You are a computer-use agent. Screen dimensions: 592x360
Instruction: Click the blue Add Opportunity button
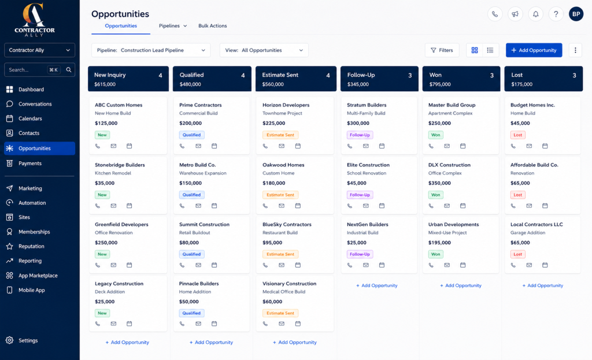click(x=534, y=50)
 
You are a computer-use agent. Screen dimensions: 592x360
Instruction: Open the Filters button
click(x=442, y=50)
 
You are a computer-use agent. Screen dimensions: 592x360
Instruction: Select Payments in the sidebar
click(x=30, y=164)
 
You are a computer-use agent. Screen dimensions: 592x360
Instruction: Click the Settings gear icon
click(x=9, y=340)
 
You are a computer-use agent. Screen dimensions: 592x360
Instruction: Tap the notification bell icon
click(x=536, y=14)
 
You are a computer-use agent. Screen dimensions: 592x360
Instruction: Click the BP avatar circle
click(x=576, y=14)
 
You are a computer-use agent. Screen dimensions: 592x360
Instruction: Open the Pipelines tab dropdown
click(x=173, y=25)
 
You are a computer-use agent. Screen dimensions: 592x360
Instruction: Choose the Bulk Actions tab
click(x=213, y=25)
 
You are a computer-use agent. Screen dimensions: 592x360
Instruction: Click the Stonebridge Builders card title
click(x=120, y=165)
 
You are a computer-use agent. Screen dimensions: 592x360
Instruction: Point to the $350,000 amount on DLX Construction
click(x=439, y=183)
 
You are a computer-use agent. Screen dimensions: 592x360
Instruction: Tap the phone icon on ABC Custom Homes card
click(x=98, y=146)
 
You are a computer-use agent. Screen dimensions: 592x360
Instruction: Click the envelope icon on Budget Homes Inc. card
click(x=529, y=146)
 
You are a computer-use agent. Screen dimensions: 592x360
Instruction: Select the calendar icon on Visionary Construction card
click(x=298, y=324)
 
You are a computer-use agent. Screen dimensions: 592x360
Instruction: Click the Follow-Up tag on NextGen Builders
click(x=360, y=254)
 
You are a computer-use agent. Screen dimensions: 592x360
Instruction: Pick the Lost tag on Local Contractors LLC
click(x=517, y=254)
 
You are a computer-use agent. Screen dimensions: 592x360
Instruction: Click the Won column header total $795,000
click(x=440, y=84)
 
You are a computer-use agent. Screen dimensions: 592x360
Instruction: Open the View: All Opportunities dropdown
click(x=264, y=50)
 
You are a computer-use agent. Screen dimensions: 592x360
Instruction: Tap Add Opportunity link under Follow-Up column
click(x=377, y=285)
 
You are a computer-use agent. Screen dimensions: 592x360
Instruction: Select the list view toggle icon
click(x=490, y=50)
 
